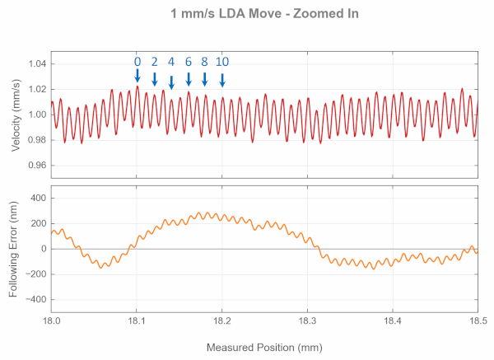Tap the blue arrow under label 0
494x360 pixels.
(x=137, y=76)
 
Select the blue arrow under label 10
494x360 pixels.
(x=222, y=79)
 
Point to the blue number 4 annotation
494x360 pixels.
(x=171, y=62)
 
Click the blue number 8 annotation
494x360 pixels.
(x=205, y=62)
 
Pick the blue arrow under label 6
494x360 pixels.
(x=189, y=79)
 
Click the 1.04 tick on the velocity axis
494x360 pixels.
(x=36, y=63)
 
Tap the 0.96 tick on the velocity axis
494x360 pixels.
(x=36, y=166)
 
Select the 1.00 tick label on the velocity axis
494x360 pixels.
(x=36, y=115)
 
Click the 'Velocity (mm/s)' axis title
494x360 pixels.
(x=16, y=115)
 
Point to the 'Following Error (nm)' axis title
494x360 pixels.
(x=16, y=249)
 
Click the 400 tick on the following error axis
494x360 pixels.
(x=35, y=199)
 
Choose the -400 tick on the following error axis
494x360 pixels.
(x=33, y=300)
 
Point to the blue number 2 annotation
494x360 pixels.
(x=154, y=62)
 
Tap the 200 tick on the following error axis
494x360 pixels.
(x=35, y=224)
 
